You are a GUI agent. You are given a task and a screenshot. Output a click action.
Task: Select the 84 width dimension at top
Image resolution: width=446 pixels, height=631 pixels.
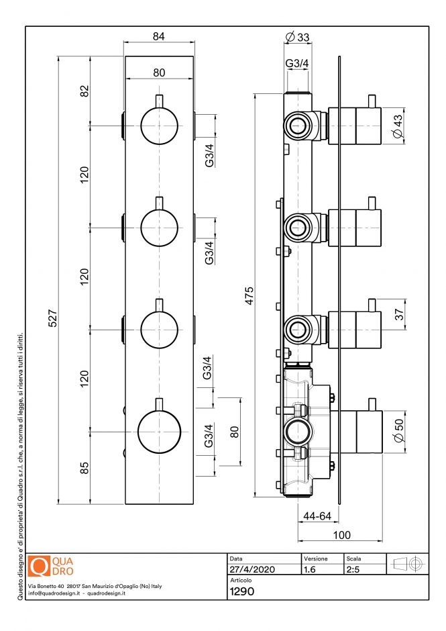pos(159,36)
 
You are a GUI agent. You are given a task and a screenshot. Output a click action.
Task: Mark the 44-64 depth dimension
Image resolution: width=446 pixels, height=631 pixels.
pos(317,516)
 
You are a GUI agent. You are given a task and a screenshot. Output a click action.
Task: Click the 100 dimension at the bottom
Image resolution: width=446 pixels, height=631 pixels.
pos(343,535)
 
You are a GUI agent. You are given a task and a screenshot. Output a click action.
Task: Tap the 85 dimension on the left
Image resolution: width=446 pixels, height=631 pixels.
pos(85,467)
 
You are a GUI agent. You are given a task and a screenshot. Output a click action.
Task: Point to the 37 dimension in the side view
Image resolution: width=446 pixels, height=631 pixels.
pos(399,314)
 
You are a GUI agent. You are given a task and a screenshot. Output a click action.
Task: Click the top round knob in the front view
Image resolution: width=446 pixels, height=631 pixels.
pos(160,126)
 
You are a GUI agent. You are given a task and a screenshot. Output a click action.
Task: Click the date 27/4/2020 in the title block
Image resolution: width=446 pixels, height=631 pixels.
pos(247,569)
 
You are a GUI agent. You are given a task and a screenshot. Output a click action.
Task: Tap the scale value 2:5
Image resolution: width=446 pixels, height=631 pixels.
pos(353,569)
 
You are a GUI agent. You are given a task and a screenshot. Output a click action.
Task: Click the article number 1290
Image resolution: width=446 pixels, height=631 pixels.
pos(241,592)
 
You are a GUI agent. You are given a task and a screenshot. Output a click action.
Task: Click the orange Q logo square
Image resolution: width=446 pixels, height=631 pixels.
pos(41,566)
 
